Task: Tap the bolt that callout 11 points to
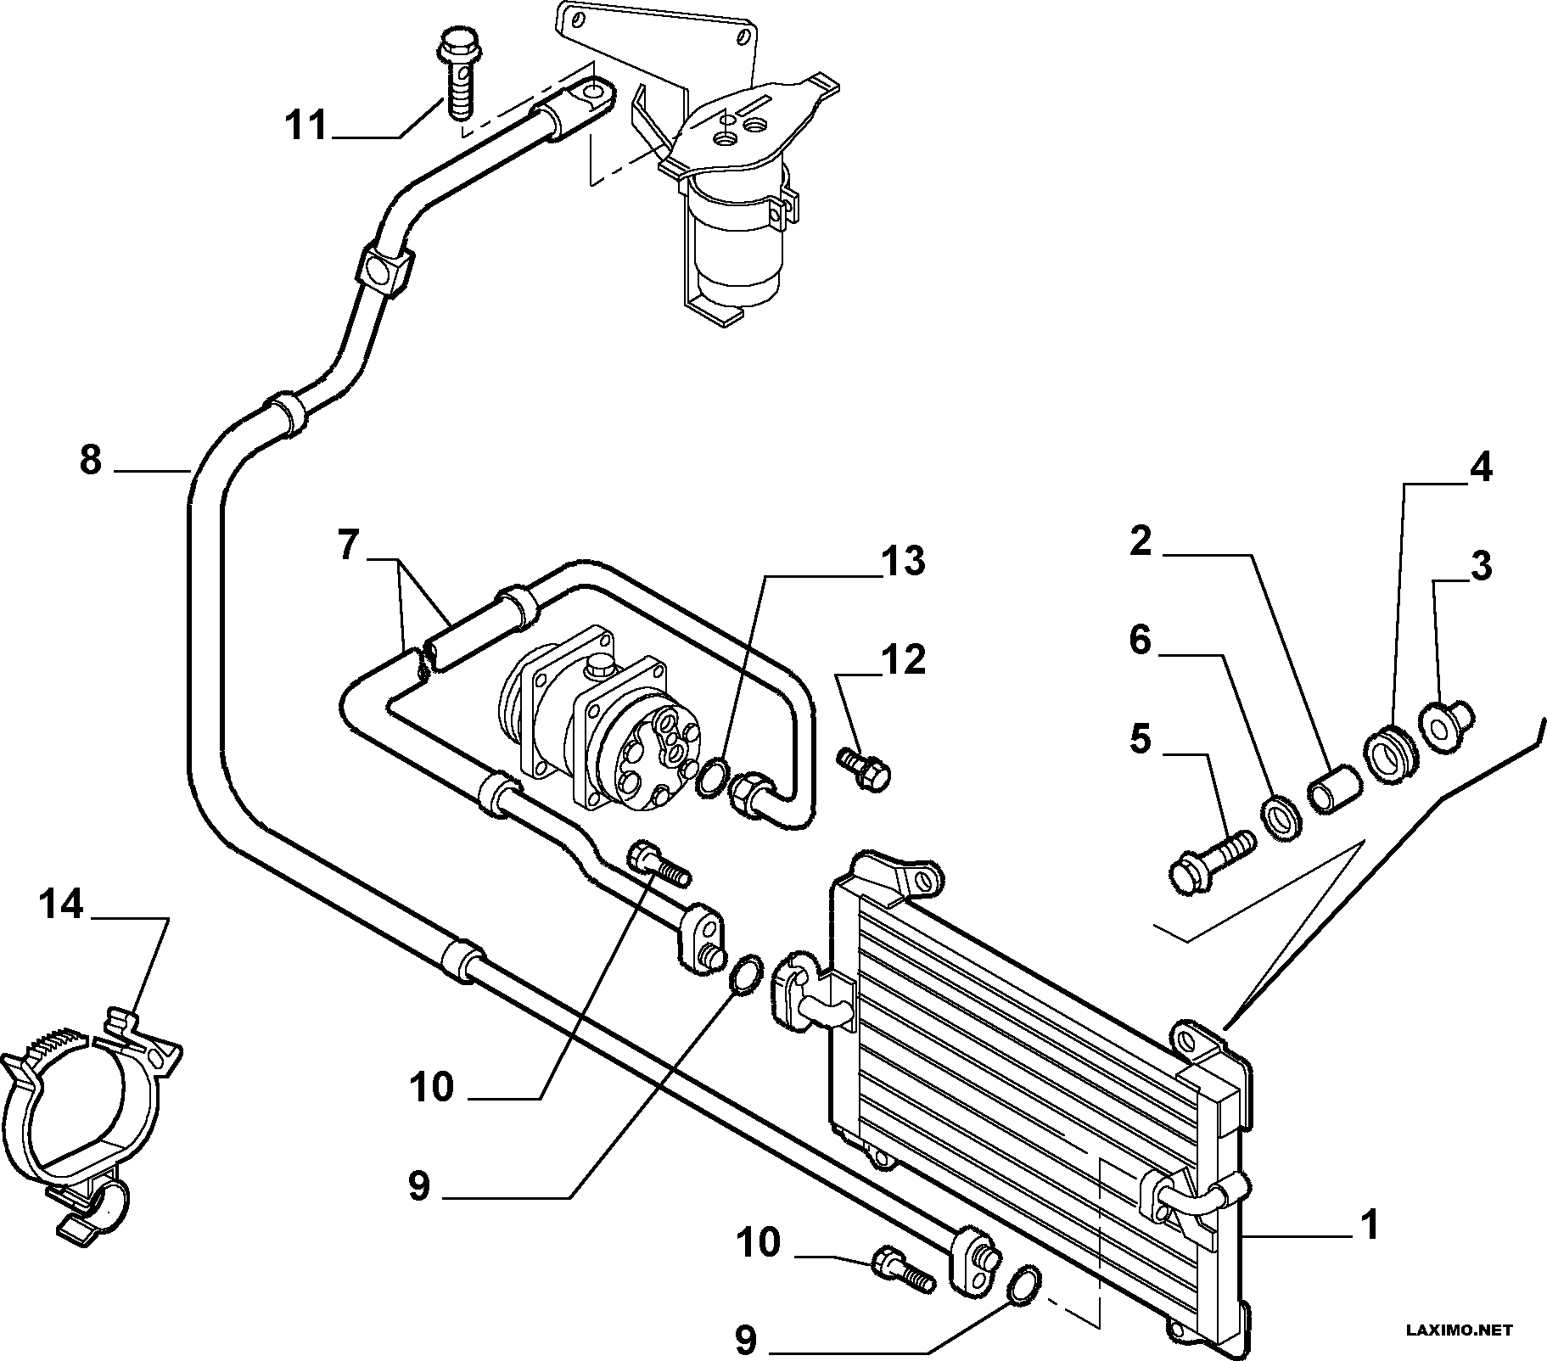(x=457, y=76)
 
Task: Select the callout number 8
(x=91, y=461)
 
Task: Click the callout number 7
(x=348, y=546)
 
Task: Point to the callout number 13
(x=902, y=561)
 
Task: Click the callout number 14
(x=62, y=905)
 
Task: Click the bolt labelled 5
(x=1211, y=860)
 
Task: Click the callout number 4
(x=1480, y=468)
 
